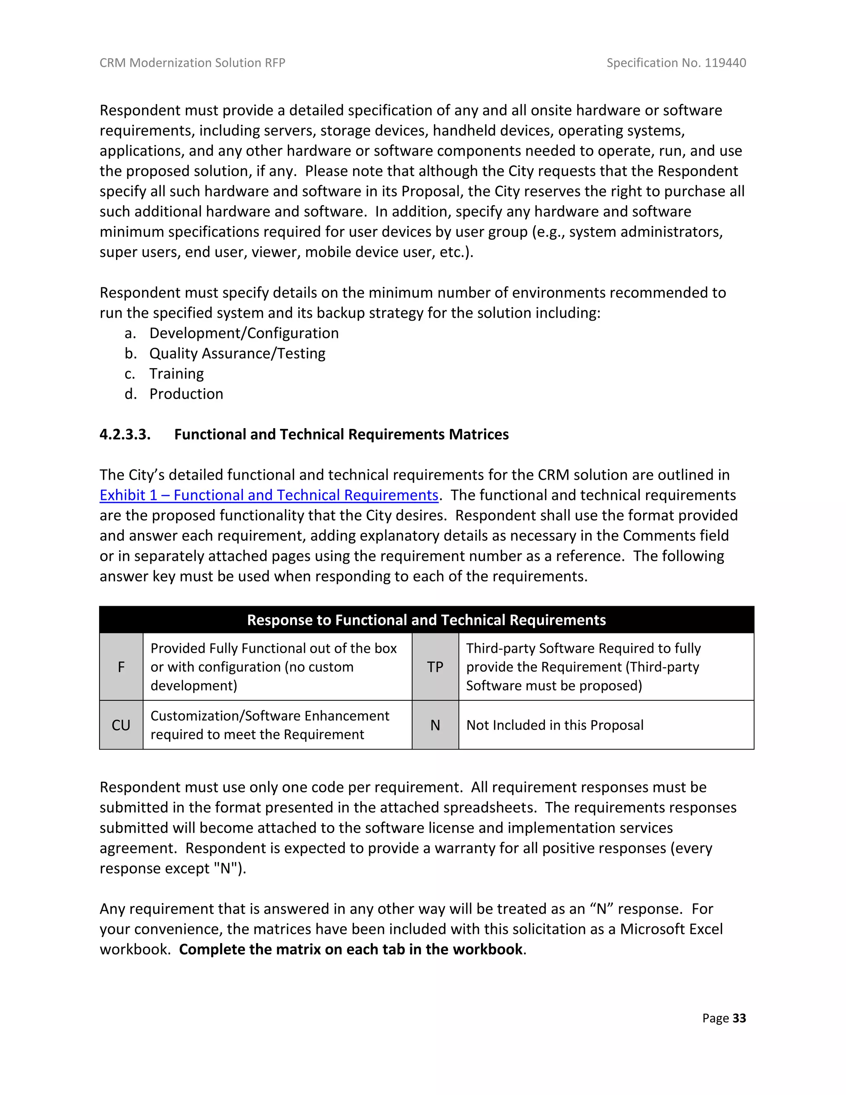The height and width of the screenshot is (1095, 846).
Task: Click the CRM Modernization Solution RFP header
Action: pyautogui.click(x=192, y=63)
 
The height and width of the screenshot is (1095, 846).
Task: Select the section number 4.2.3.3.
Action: pyautogui.click(x=125, y=434)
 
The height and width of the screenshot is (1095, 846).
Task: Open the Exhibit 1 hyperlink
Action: pyautogui.click(x=269, y=495)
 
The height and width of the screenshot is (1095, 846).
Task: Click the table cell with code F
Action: pyautogui.click(x=121, y=667)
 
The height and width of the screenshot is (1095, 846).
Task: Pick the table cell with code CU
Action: pyautogui.click(x=121, y=725)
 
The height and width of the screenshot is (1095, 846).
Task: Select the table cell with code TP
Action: pyautogui.click(x=435, y=667)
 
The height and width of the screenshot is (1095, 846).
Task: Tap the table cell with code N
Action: pyautogui.click(x=435, y=725)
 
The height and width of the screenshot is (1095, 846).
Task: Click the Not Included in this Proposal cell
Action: pyautogui.click(x=555, y=725)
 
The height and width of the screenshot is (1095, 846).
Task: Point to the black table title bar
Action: pyautogui.click(x=426, y=620)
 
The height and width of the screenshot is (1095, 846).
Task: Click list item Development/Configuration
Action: pyautogui.click(x=244, y=333)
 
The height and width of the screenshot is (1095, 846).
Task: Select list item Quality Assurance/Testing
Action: pyautogui.click(x=237, y=353)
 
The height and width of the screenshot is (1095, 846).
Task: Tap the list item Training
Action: pyautogui.click(x=176, y=374)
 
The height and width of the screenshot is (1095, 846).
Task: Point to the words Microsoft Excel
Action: pyautogui.click(x=671, y=929)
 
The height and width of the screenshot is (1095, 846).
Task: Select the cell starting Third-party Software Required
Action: pyautogui.click(x=583, y=667)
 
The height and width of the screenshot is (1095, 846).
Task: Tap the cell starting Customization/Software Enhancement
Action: pyautogui.click(x=270, y=725)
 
